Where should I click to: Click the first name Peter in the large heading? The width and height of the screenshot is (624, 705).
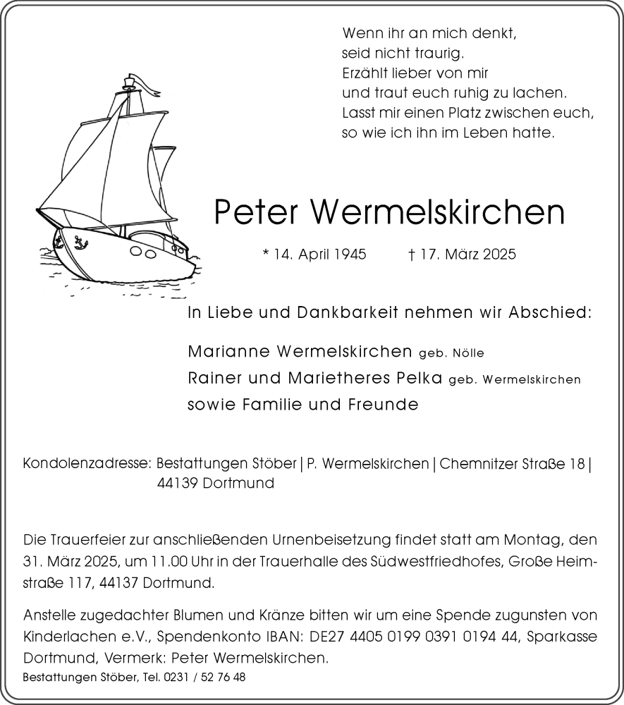pyautogui.click(x=256, y=211)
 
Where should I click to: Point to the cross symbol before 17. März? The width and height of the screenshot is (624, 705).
pyautogui.click(x=411, y=254)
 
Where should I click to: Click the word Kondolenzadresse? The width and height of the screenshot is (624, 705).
pyautogui.click(x=87, y=464)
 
